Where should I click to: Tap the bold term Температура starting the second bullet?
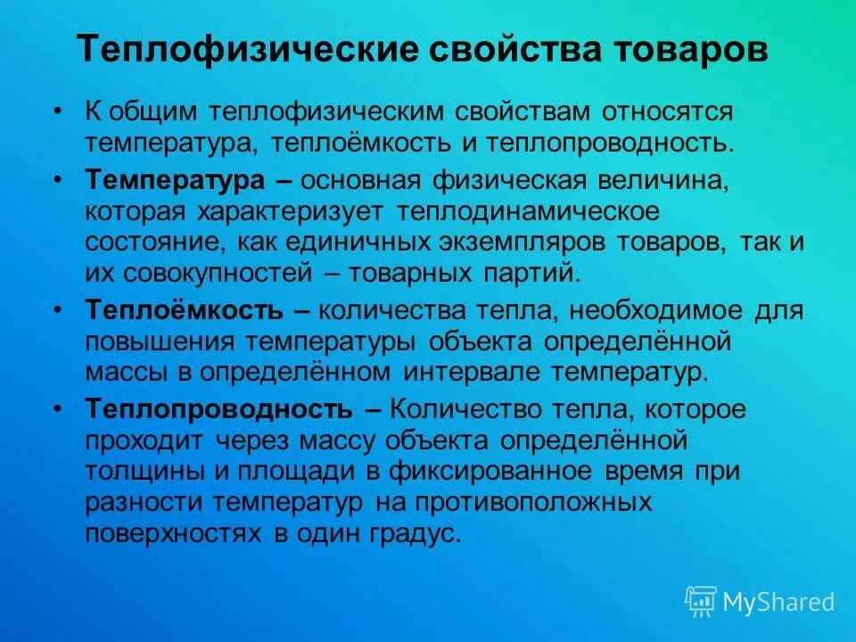click(x=176, y=180)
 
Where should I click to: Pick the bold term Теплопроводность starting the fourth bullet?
click(x=220, y=409)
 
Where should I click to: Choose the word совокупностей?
click(x=213, y=273)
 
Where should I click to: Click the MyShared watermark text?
click(x=778, y=601)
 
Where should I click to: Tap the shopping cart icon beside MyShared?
click(x=701, y=601)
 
